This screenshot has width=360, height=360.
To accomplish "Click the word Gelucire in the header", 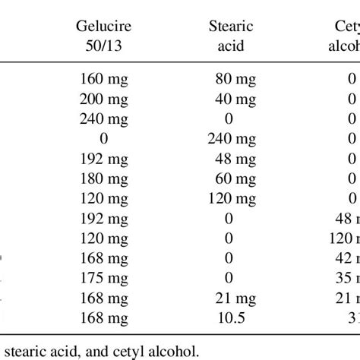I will pos(103,27).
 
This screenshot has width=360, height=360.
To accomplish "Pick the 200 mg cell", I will pos(103,98).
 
